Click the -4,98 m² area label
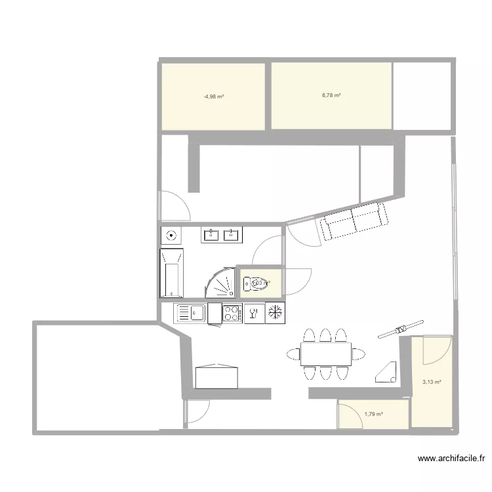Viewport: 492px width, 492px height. coord(214,96)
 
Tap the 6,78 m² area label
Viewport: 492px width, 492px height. coord(331,95)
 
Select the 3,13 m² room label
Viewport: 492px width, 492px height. coord(432,382)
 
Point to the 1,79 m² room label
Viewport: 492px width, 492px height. coord(373,414)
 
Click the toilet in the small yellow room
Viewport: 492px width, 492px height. coord(253,283)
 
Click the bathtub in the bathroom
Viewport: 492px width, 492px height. coord(172,272)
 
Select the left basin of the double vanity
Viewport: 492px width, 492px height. coord(211,234)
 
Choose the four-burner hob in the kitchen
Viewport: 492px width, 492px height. coord(232,313)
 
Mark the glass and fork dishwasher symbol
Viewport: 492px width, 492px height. coord(253,313)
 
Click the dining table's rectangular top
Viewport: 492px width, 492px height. coord(326,354)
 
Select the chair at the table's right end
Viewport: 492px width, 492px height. coord(358,354)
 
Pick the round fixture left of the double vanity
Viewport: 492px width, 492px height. coord(172,234)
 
